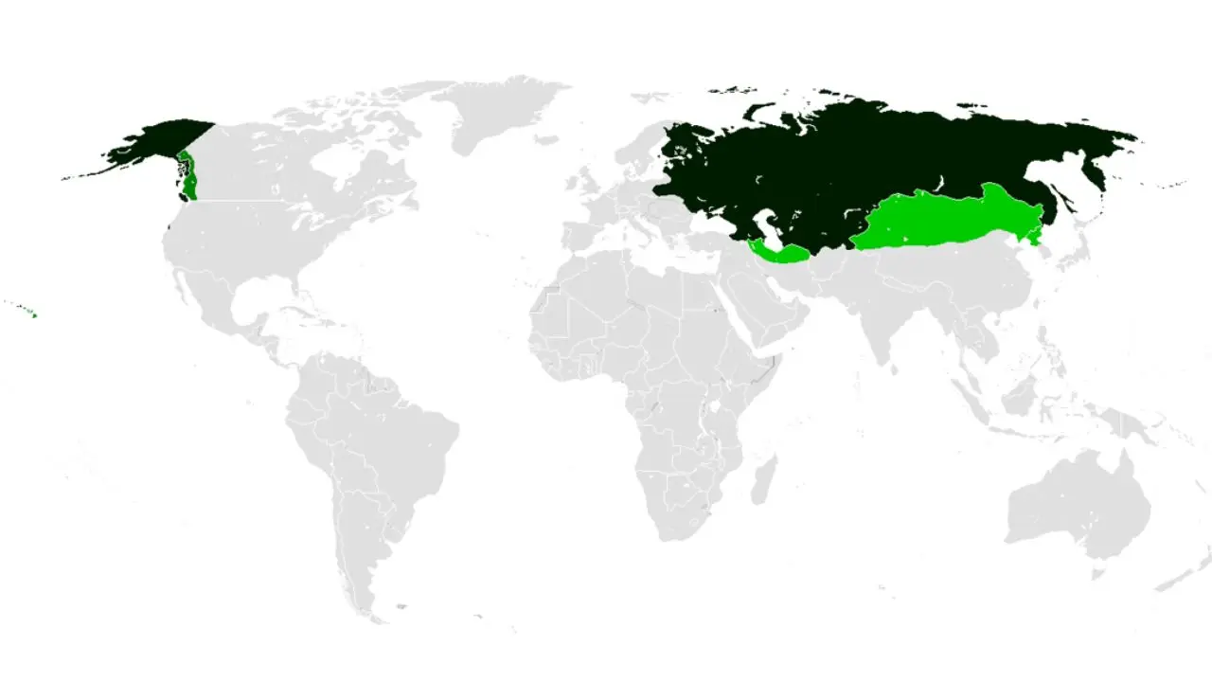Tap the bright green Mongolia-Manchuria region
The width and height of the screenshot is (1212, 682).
[947, 218]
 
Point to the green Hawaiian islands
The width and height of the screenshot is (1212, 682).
[34, 315]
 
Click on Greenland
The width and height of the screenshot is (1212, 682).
[497, 114]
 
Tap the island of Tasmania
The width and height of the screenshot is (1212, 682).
[1098, 573]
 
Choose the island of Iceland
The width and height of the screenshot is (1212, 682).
[544, 145]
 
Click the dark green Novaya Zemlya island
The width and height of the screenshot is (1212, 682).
[757, 109]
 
